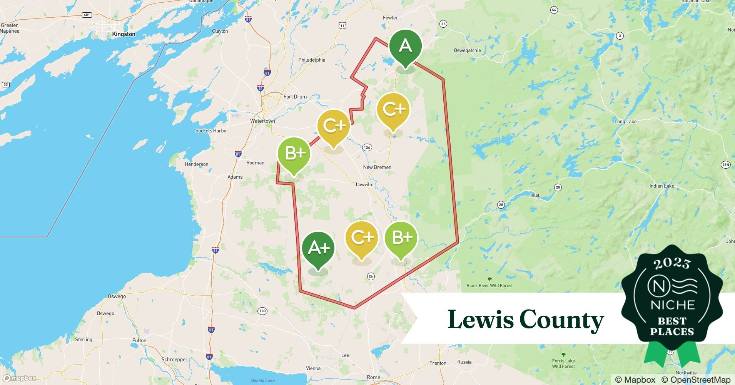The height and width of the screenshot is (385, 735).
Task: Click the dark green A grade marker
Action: point(405,46)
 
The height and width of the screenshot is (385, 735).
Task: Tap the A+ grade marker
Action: point(318,248)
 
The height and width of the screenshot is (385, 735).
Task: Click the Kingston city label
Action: point(124,34)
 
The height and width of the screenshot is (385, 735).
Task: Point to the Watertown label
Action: point(262,121)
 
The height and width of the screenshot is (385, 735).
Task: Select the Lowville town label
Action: point(364,184)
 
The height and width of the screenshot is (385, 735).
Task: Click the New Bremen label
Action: point(377,167)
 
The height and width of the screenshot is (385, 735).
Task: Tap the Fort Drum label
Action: point(295,97)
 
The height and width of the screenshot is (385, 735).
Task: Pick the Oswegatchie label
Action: point(467,50)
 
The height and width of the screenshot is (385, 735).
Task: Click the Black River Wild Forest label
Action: point(489,285)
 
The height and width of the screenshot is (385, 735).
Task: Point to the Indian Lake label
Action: point(661,186)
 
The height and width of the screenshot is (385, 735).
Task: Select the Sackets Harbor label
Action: point(212,131)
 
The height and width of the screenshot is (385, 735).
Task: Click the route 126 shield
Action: point(367,147)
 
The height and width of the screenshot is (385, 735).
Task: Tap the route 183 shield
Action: point(262,311)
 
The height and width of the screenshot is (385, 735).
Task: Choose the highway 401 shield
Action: point(87,15)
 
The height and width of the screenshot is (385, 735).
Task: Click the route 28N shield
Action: point(725,165)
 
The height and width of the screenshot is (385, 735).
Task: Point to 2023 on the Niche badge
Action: point(672,263)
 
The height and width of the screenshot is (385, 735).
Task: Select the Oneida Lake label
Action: point(263,380)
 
